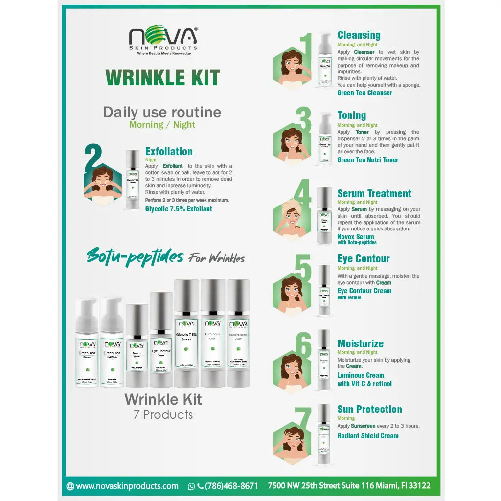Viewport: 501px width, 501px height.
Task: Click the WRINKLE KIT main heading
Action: tap(162, 78)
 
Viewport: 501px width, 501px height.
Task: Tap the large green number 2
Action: tap(96, 158)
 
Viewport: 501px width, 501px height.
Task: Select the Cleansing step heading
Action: tap(359, 35)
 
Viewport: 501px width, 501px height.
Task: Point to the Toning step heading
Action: tap(351, 115)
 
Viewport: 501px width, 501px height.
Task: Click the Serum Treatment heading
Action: tap(374, 193)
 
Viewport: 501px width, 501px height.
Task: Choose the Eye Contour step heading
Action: tap(364, 259)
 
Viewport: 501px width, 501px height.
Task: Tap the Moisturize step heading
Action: tap(360, 343)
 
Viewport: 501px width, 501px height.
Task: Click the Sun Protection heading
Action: tap(369, 409)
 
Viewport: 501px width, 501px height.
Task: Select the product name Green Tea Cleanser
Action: tap(364, 93)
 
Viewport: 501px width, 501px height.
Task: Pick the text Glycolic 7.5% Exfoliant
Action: tap(179, 209)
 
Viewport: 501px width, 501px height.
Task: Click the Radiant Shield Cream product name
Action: tap(367, 436)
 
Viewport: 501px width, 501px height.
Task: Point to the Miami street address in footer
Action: tap(349, 486)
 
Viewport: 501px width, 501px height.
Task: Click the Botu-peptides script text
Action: tap(135, 256)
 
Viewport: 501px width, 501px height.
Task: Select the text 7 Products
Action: tap(163, 415)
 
